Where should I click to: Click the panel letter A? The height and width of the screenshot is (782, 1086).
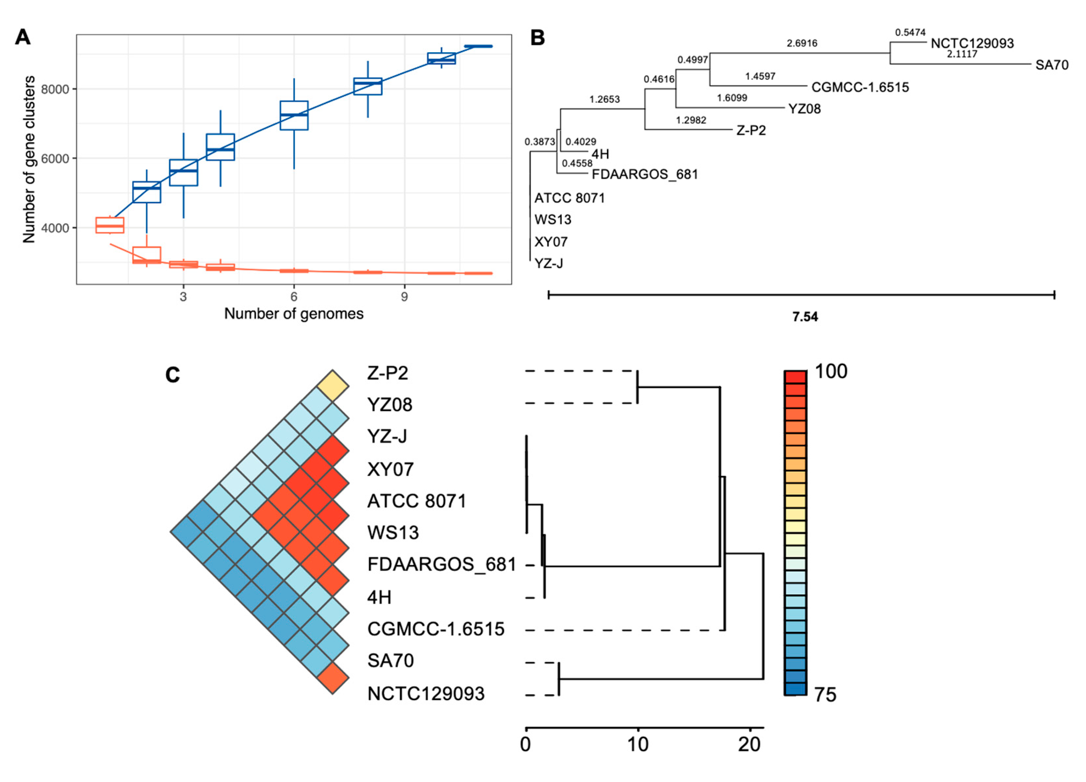(23, 37)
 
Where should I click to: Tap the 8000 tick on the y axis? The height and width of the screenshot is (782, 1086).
(55, 90)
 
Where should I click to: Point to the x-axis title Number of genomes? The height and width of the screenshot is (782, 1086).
(293, 314)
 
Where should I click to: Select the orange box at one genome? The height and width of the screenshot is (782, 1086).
(110, 225)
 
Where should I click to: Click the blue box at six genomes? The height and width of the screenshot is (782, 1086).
(293, 115)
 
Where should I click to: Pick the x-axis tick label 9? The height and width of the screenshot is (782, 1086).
(405, 297)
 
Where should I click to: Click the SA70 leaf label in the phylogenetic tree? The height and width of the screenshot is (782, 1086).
(1051, 65)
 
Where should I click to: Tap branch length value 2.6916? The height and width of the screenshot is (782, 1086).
(802, 44)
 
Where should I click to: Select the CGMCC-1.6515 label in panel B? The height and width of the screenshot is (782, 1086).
(860, 87)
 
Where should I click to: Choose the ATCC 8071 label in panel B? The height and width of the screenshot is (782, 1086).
(569, 198)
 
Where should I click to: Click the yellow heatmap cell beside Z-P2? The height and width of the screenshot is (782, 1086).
(333, 386)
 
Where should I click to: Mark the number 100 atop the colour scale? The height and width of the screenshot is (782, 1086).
(831, 371)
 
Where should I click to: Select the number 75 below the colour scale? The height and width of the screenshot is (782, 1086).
(825, 695)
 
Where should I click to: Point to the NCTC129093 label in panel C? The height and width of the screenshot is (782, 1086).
(426, 694)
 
